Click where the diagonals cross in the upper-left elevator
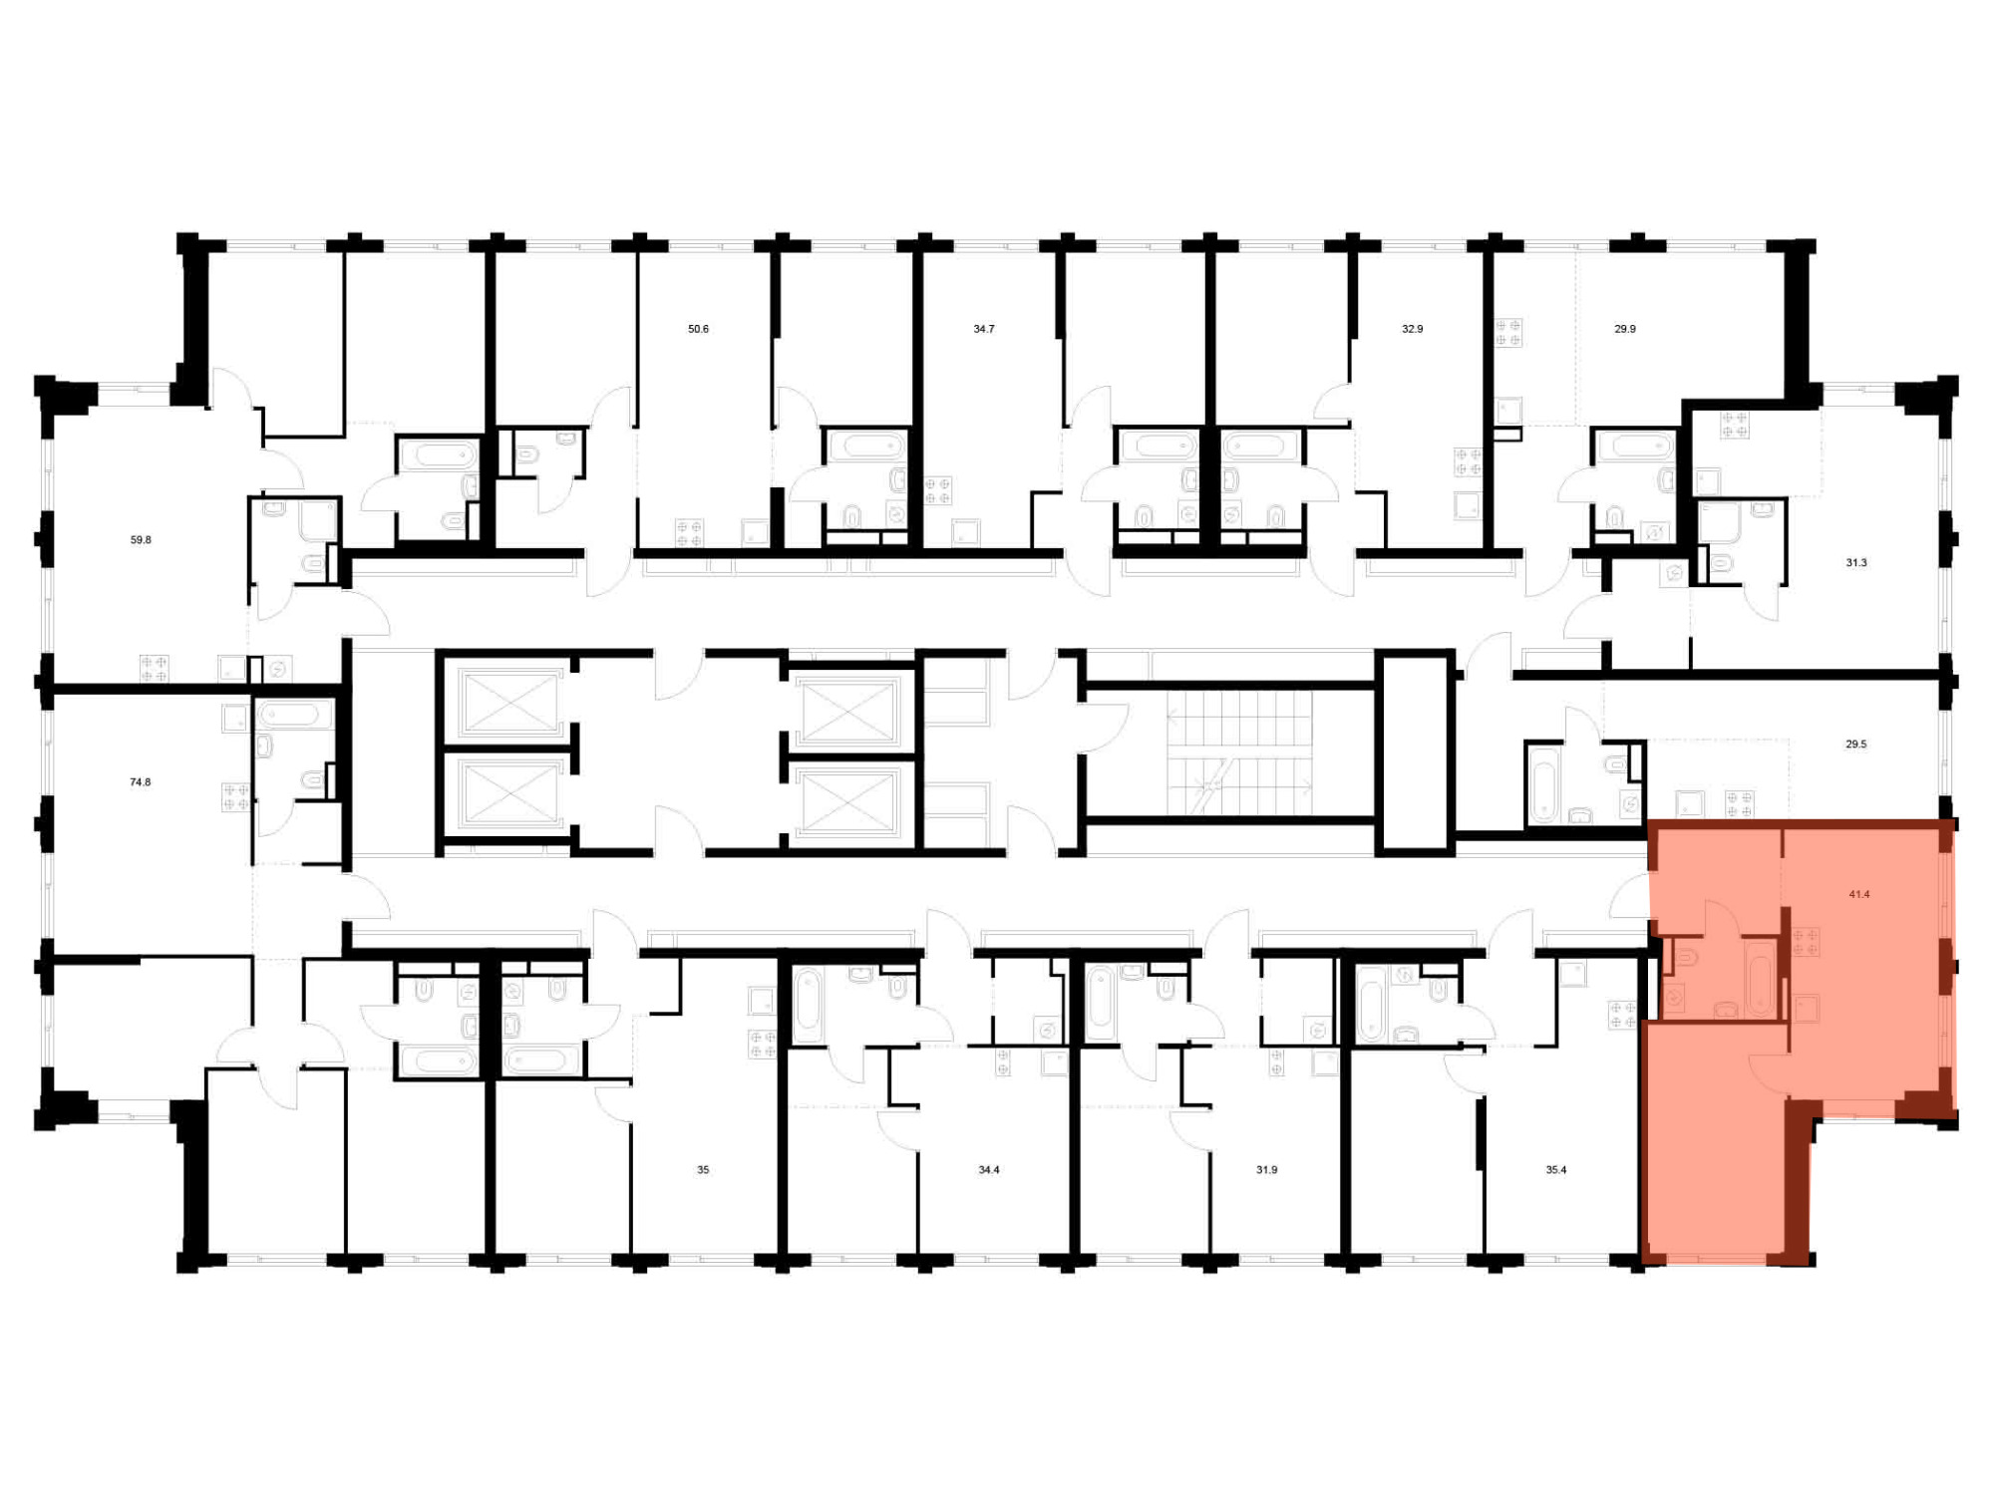point(509,703)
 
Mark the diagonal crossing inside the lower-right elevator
point(848,800)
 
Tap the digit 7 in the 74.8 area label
point(133,782)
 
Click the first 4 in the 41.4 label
point(1852,894)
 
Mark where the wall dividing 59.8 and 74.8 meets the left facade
point(45,688)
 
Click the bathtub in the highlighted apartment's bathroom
point(1761,979)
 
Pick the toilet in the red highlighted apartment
point(1685,959)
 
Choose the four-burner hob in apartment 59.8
point(154,668)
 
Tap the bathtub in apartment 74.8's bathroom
point(296,715)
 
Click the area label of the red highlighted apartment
point(1859,894)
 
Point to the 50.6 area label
point(698,329)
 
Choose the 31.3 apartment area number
point(1855,563)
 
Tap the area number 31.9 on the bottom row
point(1266,1170)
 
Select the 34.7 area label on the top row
point(984,329)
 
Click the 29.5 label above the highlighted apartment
point(1855,745)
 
